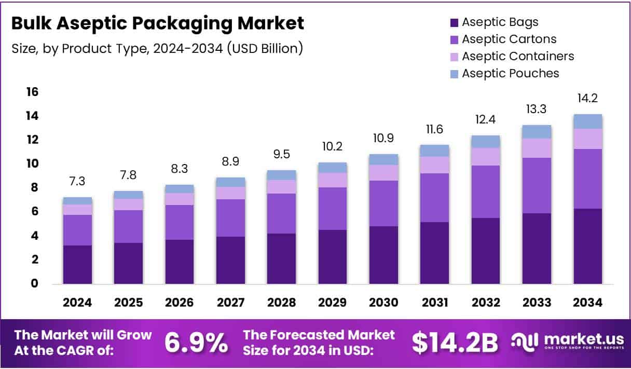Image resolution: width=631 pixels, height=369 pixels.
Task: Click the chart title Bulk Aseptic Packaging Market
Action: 158,24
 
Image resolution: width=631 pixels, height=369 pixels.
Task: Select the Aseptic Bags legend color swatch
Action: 454,22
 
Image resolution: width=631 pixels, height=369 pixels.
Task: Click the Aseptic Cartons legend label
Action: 509,39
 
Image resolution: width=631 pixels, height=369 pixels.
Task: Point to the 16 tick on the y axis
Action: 32,92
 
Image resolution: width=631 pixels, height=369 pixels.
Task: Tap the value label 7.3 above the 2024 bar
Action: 77,182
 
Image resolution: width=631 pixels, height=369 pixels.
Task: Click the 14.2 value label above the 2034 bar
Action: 587,99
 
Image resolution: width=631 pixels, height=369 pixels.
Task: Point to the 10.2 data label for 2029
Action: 332,147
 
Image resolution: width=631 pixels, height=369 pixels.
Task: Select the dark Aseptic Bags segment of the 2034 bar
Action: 587,246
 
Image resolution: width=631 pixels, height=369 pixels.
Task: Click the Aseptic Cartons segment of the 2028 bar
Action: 281,213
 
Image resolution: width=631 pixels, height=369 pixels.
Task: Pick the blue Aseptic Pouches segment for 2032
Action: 485,141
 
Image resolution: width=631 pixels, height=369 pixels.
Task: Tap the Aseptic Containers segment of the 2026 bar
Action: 179,199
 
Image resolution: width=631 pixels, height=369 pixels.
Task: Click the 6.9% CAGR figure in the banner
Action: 196,343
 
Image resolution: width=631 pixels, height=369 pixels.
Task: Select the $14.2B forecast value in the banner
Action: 455,343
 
